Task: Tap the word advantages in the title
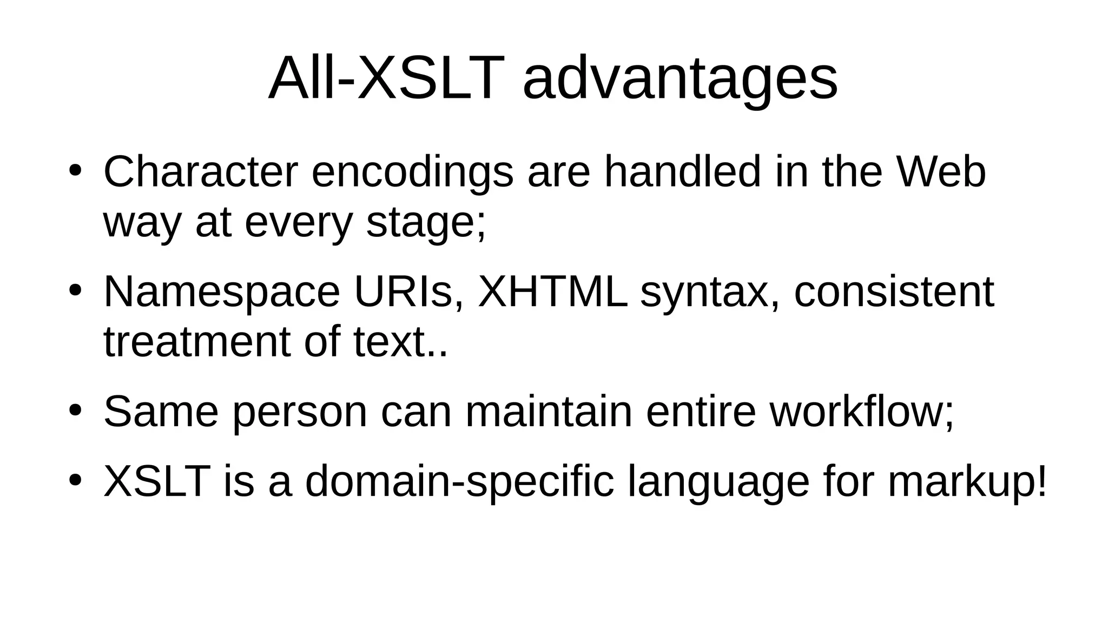(x=680, y=80)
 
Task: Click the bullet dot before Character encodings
(x=75, y=170)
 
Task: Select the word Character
(x=201, y=172)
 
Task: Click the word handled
(x=682, y=172)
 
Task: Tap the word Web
(x=941, y=172)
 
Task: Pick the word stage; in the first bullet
(x=426, y=223)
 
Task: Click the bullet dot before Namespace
(x=75, y=291)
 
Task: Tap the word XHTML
(x=552, y=292)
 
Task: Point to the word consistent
(x=894, y=292)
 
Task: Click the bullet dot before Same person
(x=75, y=410)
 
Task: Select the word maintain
(x=549, y=412)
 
